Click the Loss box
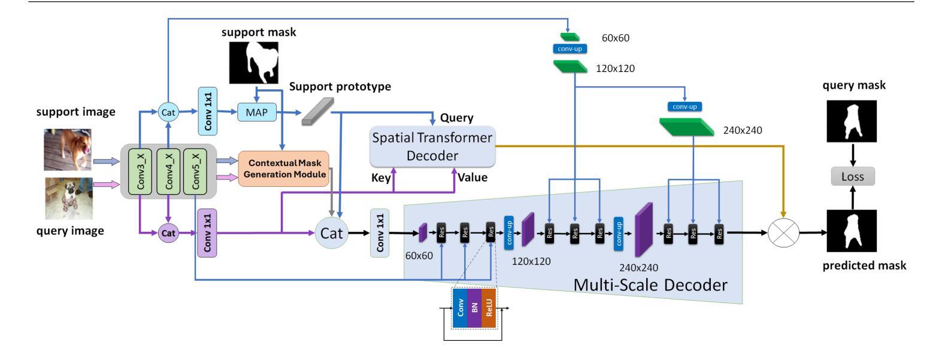[x=852, y=176]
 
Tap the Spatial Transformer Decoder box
[x=432, y=147]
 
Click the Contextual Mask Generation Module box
[x=284, y=168]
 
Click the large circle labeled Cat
[x=331, y=233]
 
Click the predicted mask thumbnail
[x=852, y=231]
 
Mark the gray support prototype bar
[x=316, y=111]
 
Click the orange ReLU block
[x=489, y=308]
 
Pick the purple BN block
[x=474, y=308]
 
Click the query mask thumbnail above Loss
[x=852, y=120]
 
